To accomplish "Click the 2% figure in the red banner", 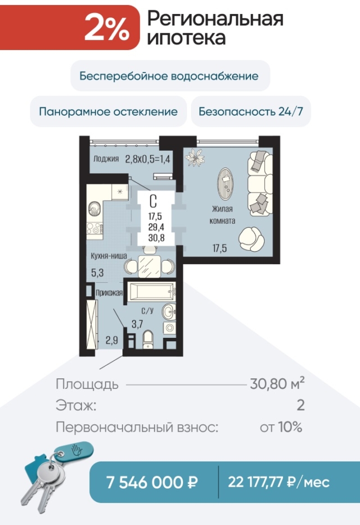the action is point(107,28).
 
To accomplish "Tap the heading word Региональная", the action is point(215,19).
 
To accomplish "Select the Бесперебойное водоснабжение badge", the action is point(170,76).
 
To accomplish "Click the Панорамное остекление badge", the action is point(108,111).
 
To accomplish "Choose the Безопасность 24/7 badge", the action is point(251,111).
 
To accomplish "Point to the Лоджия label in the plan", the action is point(106,159).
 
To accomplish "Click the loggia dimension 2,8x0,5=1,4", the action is point(148,159).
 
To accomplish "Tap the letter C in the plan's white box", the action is point(153,202).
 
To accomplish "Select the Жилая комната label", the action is point(222,215).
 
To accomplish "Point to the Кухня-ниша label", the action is point(109,256).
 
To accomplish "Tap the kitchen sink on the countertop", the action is point(94,209).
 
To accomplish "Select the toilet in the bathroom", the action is point(148,339).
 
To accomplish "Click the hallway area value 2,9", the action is point(112,341).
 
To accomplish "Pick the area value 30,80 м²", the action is point(277,384).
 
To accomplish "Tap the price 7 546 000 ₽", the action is point(152,482).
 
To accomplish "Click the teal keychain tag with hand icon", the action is point(74,451).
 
